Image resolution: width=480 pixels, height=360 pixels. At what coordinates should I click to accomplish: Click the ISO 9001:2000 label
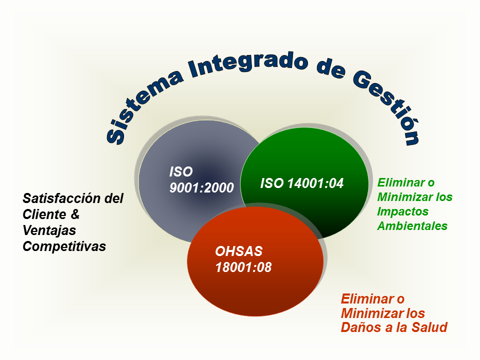pyautogui.click(x=201, y=179)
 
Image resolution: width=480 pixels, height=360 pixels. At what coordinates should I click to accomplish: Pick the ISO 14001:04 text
pyautogui.click(x=302, y=183)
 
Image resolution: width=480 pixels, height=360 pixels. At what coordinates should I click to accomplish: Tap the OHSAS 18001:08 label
pyautogui.click(x=243, y=259)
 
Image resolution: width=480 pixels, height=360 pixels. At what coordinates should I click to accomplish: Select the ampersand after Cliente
pyautogui.click(x=75, y=214)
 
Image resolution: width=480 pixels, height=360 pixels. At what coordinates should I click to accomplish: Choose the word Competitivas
pyautogui.click(x=64, y=246)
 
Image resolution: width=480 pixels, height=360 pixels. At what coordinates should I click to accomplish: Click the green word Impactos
pyautogui.click(x=402, y=212)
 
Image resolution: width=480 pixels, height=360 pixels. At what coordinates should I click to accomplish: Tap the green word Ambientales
pyautogui.click(x=412, y=226)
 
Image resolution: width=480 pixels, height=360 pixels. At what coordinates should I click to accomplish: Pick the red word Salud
pyautogui.click(x=429, y=327)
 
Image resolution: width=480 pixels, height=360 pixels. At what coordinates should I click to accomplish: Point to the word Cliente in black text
pyautogui.click(x=44, y=214)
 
